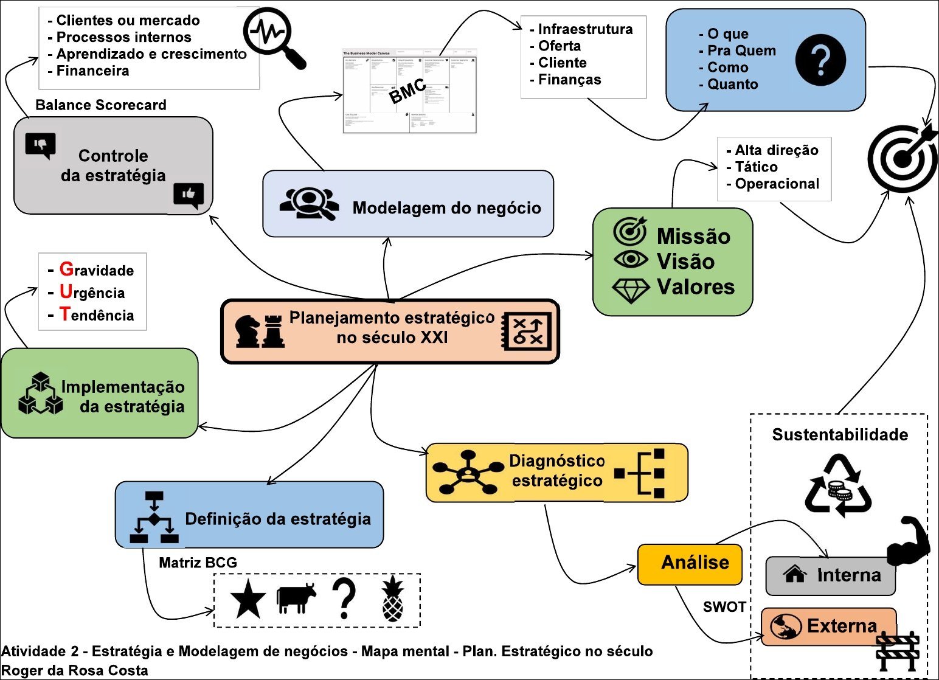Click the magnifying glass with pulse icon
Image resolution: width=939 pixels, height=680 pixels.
coord(273,36)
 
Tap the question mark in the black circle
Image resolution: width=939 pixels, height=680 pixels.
coord(820,60)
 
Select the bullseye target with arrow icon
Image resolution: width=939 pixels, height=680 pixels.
coord(903,158)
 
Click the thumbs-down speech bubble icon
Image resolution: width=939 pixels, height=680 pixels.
coord(40,145)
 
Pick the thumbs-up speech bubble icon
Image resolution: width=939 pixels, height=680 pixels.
coord(189,195)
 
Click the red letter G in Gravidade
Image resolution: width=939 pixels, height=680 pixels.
coord(66,269)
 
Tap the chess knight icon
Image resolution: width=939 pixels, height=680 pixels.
coord(248,331)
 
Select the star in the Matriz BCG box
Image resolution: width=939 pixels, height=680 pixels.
coord(248,599)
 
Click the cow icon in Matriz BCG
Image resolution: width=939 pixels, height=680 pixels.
coord(296,598)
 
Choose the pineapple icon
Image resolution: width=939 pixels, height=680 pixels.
coord(392,600)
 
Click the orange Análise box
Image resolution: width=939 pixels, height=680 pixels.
coord(690,564)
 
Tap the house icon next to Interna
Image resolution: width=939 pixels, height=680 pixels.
coord(795,574)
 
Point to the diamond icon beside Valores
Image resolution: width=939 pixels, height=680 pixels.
coord(631,291)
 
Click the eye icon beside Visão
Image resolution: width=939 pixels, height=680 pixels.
coord(631,260)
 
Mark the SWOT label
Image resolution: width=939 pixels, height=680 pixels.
coord(724,606)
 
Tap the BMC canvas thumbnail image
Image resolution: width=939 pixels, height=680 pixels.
coord(409,91)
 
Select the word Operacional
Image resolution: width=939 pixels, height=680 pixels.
coord(777,184)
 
